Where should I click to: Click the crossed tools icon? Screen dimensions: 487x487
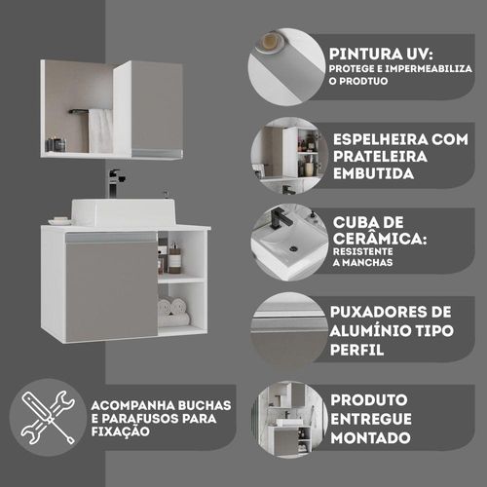(x=48, y=418)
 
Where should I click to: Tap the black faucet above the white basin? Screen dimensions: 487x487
(x=115, y=183)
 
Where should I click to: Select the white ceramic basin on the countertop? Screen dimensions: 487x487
(x=124, y=212)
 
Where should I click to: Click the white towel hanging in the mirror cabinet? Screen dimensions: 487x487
(x=100, y=131)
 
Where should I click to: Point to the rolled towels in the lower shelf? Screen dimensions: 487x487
(x=173, y=312)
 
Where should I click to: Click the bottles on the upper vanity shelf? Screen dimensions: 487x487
(x=169, y=256)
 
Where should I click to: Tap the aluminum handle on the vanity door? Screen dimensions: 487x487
(x=111, y=238)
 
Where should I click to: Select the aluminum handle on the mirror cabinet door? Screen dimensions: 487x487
(x=157, y=153)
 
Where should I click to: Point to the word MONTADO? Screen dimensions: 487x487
(x=370, y=438)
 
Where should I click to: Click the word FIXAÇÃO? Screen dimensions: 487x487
(x=120, y=431)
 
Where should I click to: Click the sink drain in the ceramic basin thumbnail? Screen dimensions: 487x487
(x=293, y=248)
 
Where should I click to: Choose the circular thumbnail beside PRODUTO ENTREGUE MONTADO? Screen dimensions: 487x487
(x=288, y=419)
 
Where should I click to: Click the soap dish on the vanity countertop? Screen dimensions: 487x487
(x=59, y=221)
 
